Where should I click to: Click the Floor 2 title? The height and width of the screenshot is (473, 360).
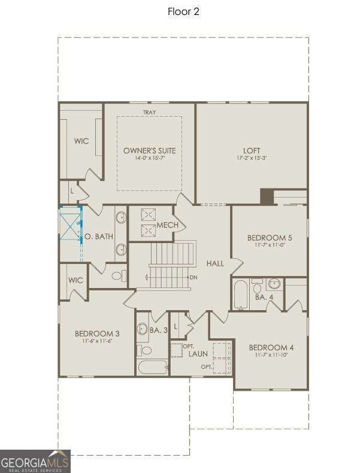coord(183,12)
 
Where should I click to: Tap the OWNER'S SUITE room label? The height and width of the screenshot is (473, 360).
coord(149,150)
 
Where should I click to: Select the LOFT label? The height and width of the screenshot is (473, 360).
coord(252,150)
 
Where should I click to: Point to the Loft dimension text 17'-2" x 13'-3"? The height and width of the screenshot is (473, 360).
coord(252,159)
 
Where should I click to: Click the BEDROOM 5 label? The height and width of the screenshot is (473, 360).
coord(270,238)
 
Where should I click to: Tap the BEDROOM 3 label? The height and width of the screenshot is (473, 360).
coord(97,333)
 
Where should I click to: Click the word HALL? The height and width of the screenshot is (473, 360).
coord(215,263)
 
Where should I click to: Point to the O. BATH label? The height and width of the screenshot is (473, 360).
coord(99,236)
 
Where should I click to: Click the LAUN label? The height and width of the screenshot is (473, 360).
coord(198,354)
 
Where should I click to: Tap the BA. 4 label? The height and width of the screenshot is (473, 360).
coord(264,297)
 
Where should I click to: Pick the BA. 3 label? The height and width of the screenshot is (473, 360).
coord(158,330)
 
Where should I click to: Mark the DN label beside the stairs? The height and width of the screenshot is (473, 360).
coord(193,277)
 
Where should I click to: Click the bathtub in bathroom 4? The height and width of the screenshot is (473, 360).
coord(240,294)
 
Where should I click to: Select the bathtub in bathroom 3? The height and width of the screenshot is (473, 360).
coord(152,366)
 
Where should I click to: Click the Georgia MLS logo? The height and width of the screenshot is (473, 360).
coord(35,461)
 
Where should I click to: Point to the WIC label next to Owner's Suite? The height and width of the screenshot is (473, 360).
coord(81,141)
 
